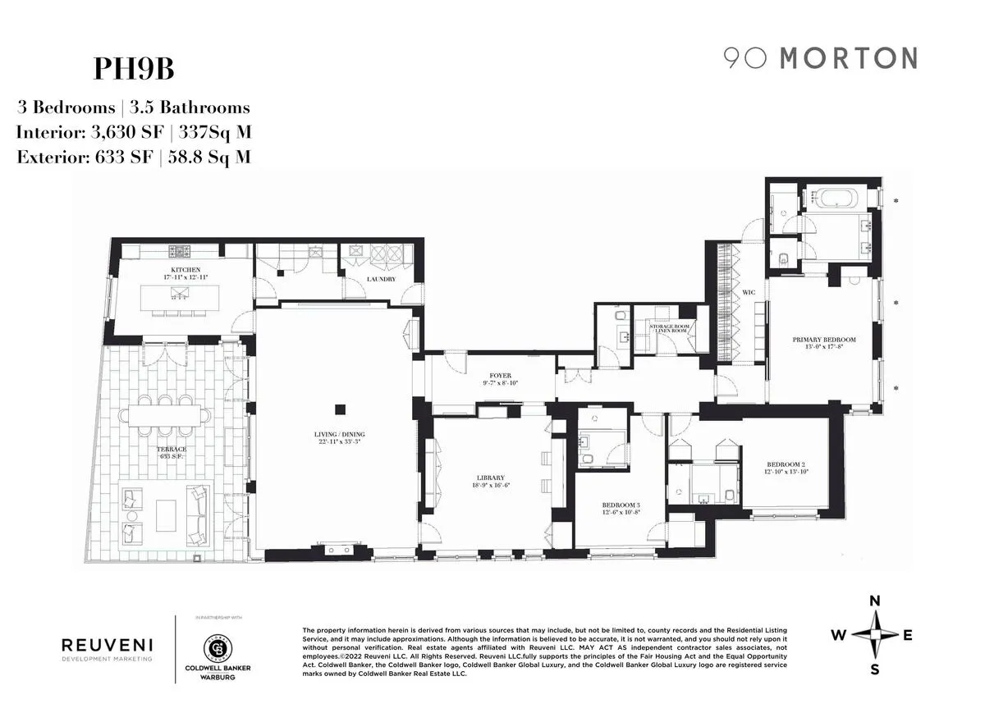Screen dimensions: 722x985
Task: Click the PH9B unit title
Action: pos(134,69)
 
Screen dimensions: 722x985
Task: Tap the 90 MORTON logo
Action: pos(820,58)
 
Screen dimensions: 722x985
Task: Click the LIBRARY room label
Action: pos(489,478)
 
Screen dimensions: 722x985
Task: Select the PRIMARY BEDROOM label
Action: pos(824,340)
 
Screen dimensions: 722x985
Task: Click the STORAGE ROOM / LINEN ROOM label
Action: pos(670,327)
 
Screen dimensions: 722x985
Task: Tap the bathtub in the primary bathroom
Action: pos(835,198)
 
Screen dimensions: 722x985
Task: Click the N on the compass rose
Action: pos(875,601)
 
